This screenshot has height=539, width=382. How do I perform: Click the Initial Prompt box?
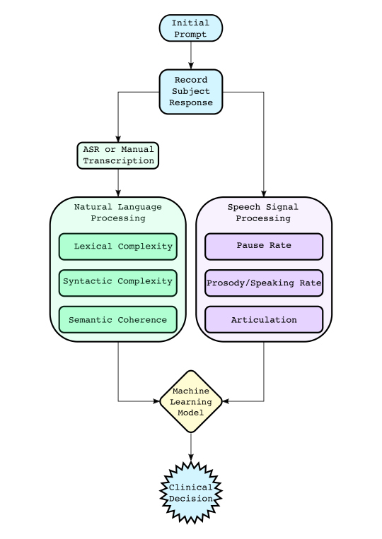click(x=191, y=28)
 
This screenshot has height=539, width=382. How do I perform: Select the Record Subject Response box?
click(x=191, y=92)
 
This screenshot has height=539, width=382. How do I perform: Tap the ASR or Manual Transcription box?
click(x=118, y=155)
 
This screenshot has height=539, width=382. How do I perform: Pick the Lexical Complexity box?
click(x=118, y=247)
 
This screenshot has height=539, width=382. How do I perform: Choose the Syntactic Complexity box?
click(x=118, y=283)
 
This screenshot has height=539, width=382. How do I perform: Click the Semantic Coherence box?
click(x=118, y=320)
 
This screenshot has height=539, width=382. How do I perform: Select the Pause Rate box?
click(x=264, y=247)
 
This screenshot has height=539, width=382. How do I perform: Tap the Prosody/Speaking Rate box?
click(x=264, y=283)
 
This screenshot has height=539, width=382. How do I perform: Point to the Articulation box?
click(x=264, y=320)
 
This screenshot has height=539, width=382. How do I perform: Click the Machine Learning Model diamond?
click(x=191, y=401)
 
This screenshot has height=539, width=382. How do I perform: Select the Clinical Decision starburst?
click(x=191, y=492)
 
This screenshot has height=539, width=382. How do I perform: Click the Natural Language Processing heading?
click(x=118, y=213)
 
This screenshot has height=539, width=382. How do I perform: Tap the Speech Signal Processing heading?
click(x=263, y=213)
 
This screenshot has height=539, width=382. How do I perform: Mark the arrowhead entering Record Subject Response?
click(x=191, y=66)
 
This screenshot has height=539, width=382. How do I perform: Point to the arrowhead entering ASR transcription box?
click(x=118, y=138)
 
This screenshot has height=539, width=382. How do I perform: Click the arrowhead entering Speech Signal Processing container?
click(x=264, y=193)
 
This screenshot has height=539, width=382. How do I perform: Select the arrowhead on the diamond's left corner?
click(x=156, y=401)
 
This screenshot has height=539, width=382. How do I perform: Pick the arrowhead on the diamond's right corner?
click(x=226, y=401)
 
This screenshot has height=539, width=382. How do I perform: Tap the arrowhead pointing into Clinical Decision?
click(x=191, y=458)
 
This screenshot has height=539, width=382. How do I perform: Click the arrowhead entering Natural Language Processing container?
click(x=118, y=193)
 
